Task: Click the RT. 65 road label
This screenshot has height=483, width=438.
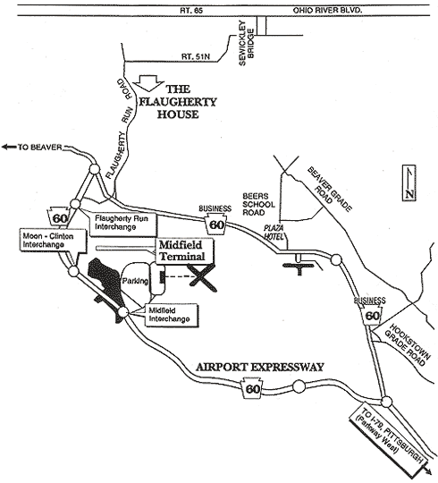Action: pyautogui.click(x=191, y=11)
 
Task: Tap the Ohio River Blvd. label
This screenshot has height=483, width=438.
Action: pyautogui.click(x=327, y=11)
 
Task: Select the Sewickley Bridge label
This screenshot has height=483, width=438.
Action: pyautogui.click(x=247, y=43)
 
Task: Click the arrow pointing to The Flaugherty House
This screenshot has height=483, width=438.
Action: pyautogui.click(x=150, y=83)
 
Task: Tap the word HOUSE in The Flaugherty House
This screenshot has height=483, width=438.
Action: pyautogui.click(x=178, y=114)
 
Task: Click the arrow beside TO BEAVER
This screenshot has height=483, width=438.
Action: pyautogui.click(x=9, y=147)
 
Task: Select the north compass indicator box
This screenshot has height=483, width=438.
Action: pyautogui.click(x=409, y=183)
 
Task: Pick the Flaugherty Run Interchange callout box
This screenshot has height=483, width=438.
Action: pyautogui.click(x=123, y=225)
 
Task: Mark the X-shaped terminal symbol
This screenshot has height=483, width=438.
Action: pyautogui.click(x=202, y=278)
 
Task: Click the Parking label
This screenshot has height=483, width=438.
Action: pyautogui.click(x=135, y=281)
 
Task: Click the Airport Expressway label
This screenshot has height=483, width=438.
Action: pyautogui.click(x=260, y=368)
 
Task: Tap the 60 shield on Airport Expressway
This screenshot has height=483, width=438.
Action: pyautogui.click(x=252, y=388)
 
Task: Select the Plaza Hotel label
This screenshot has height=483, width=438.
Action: pyautogui.click(x=274, y=233)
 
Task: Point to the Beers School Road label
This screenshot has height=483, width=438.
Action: pyautogui.click(x=258, y=204)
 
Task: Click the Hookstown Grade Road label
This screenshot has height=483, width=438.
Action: pyautogui.click(x=407, y=344)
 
